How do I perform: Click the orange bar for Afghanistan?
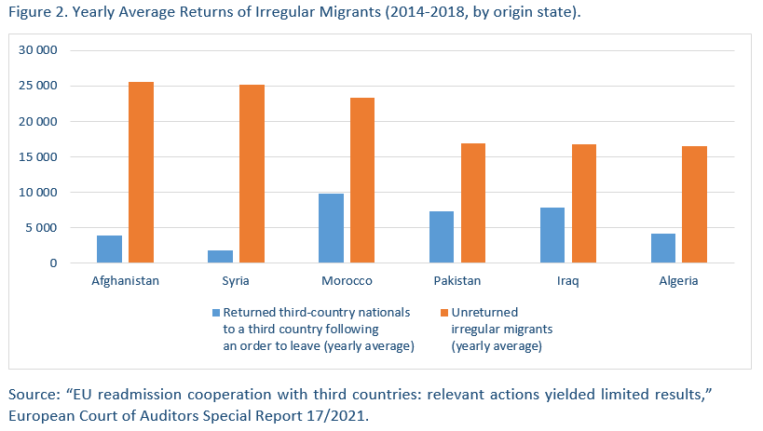pos(141,172)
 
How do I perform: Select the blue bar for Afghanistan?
pos(109,249)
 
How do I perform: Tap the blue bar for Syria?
pos(220,257)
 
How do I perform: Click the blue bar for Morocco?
pos(331,228)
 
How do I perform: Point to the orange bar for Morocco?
pos(362,181)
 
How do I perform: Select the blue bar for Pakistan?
pos(442,237)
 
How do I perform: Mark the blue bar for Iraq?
pos(552,236)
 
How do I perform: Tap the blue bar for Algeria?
pos(662,249)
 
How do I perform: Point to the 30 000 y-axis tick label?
pos(40,50)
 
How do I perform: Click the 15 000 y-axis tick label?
pos(40,157)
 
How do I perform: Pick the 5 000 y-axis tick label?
pos(44,228)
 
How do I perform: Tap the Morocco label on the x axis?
pos(347,281)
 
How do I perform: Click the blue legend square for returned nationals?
pos(215,312)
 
